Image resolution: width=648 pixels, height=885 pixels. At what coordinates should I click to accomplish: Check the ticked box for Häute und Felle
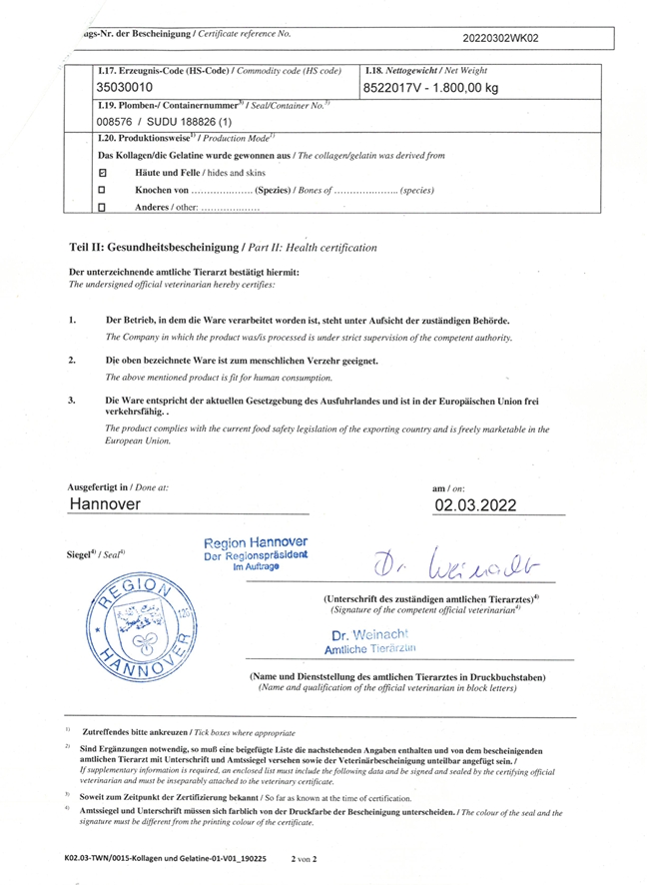[102, 173]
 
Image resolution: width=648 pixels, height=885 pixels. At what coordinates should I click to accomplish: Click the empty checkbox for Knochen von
[102, 189]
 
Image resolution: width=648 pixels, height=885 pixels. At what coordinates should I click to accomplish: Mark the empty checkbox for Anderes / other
[102, 207]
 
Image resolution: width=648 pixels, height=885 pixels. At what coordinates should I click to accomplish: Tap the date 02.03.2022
[475, 505]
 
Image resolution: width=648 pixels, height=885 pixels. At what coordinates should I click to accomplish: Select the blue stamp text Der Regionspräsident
[255, 554]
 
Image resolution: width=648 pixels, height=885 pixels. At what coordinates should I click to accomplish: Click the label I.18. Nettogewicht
[413, 70]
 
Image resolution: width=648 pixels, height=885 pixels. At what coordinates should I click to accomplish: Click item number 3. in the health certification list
[72, 400]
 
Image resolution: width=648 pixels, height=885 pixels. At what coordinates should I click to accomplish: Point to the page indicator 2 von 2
[303, 857]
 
